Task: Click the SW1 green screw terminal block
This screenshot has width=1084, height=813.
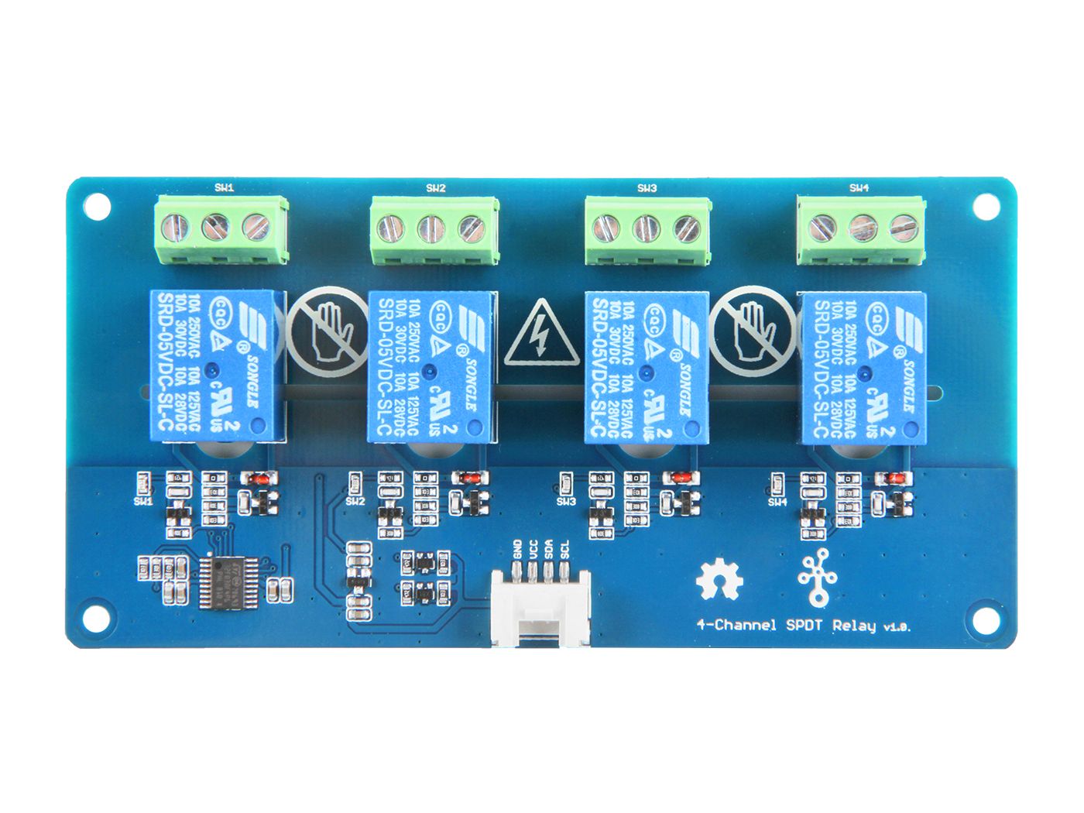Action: tap(221, 228)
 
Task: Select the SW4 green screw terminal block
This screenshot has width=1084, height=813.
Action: tap(861, 228)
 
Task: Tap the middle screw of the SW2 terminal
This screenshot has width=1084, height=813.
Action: tap(432, 228)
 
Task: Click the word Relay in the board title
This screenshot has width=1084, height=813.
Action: tap(854, 625)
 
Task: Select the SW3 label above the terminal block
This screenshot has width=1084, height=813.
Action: tap(647, 188)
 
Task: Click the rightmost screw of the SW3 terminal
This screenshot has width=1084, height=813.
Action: tap(687, 228)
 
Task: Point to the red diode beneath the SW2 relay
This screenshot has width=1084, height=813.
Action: tap(468, 479)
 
